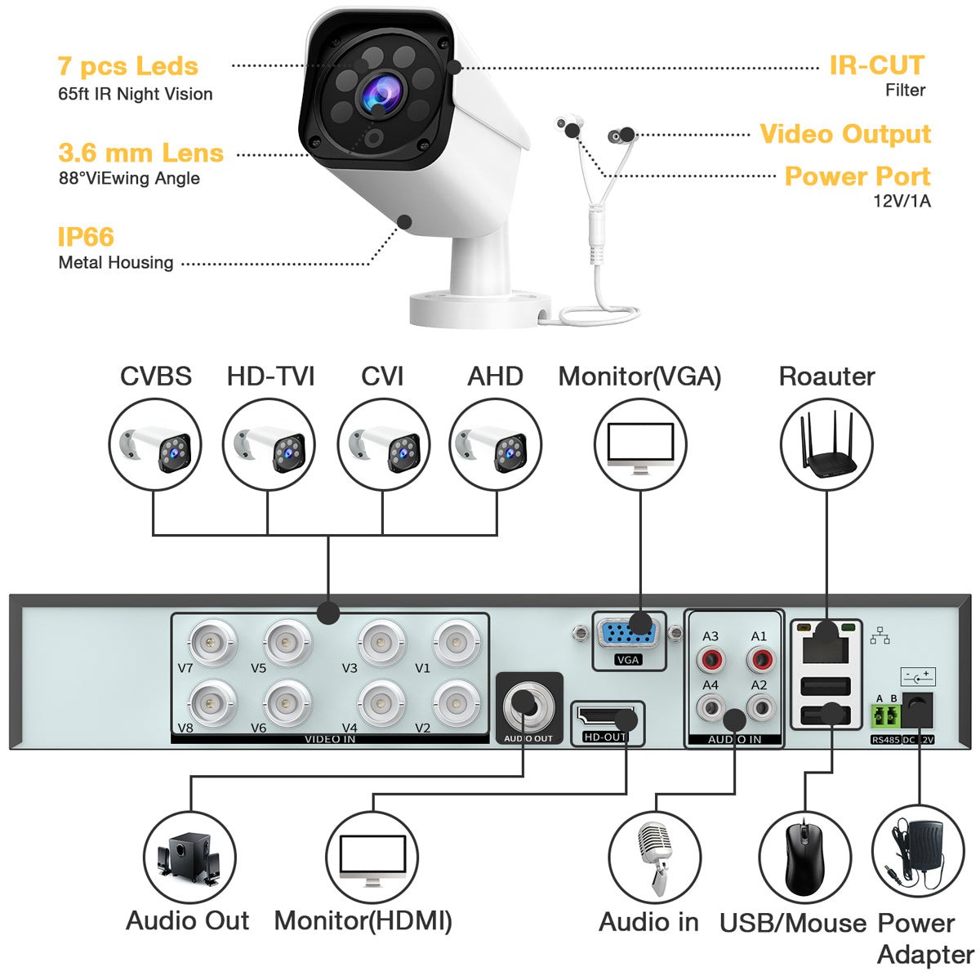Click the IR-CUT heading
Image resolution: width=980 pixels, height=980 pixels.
click(x=876, y=65)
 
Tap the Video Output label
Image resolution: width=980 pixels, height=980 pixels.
click(x=844, y=134)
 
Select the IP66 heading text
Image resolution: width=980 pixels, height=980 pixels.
click(x=86, y=237)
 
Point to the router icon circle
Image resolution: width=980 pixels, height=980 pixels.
click(x=826, y=444)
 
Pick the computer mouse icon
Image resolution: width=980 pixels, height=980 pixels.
click(x=804, y=857)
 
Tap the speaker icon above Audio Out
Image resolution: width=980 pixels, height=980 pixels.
click(x=189, y=857)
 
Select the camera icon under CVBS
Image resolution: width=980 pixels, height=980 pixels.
click(x=154, y=444)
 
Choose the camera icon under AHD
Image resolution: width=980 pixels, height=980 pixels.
click(x=495, y=444)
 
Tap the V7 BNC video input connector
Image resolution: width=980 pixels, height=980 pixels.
click(x=211, y=643)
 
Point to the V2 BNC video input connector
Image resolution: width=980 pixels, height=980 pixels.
click(x=456, y=702)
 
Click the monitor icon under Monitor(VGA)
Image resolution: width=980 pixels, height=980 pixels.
click(x=640, y=446)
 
